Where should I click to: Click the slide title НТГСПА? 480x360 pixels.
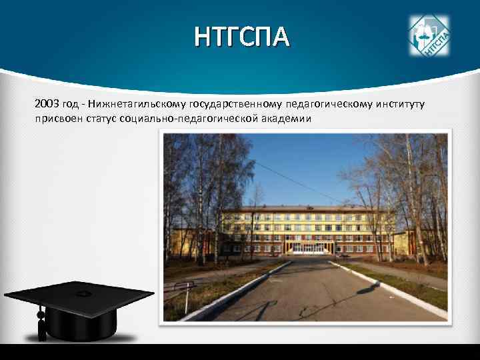(242, 38)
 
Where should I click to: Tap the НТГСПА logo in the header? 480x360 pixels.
(429, 35)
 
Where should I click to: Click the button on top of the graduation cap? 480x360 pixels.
(83, 293)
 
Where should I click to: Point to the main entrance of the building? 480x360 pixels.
(309, 247)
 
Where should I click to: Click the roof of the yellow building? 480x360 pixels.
(307, 209)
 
